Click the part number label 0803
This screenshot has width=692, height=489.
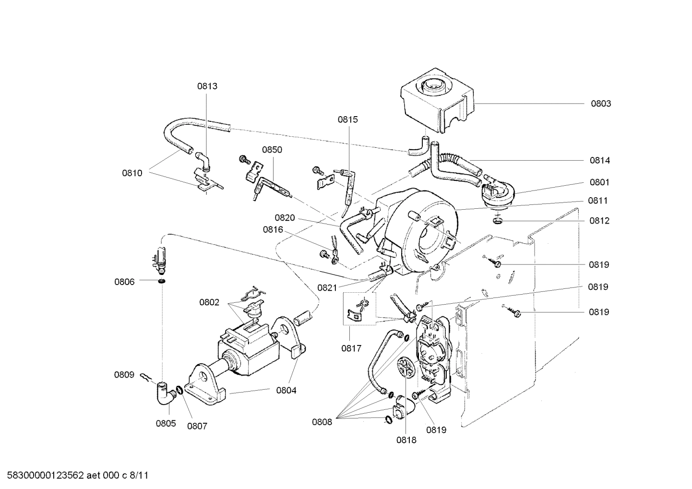[600, 104]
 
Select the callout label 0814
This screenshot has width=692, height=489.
[599, 161]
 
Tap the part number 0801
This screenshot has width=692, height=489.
[599, 182]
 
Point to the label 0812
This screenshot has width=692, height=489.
[599, 221]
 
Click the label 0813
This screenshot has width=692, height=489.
[207, 86]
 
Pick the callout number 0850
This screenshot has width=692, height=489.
[272, 150]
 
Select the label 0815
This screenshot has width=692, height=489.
[347, 119]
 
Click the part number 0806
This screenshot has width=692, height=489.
[124, 282]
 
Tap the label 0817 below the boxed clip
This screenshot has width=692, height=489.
[351, 349]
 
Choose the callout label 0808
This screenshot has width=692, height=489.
[322, 422]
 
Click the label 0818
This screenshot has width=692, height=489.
[406, 440]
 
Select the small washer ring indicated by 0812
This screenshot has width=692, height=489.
[498, 221]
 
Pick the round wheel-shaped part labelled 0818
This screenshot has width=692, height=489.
[406, 369]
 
